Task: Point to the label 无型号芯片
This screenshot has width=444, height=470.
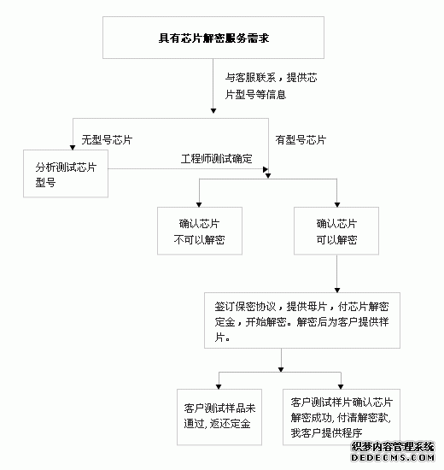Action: (107, 139)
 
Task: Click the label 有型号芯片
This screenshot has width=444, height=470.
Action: (301, 139)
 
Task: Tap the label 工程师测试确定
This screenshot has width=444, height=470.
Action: (216, 159)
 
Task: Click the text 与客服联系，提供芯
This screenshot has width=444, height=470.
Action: (272, 78)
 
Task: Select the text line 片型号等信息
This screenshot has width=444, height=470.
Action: (255, 95)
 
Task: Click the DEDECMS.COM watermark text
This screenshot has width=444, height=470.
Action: (393, 458)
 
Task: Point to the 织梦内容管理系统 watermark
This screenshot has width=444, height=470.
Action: (393, 446)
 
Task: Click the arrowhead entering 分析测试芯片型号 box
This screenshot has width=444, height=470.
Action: (73, 148)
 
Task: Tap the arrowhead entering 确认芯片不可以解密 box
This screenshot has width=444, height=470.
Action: (199, 205)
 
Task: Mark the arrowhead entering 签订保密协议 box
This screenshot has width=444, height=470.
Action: (337, 291)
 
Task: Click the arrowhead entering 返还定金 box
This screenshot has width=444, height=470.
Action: (219, 386)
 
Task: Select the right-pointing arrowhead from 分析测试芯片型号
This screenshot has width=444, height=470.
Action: (266, 169)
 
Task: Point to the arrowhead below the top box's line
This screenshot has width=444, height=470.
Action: (213, 111)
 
